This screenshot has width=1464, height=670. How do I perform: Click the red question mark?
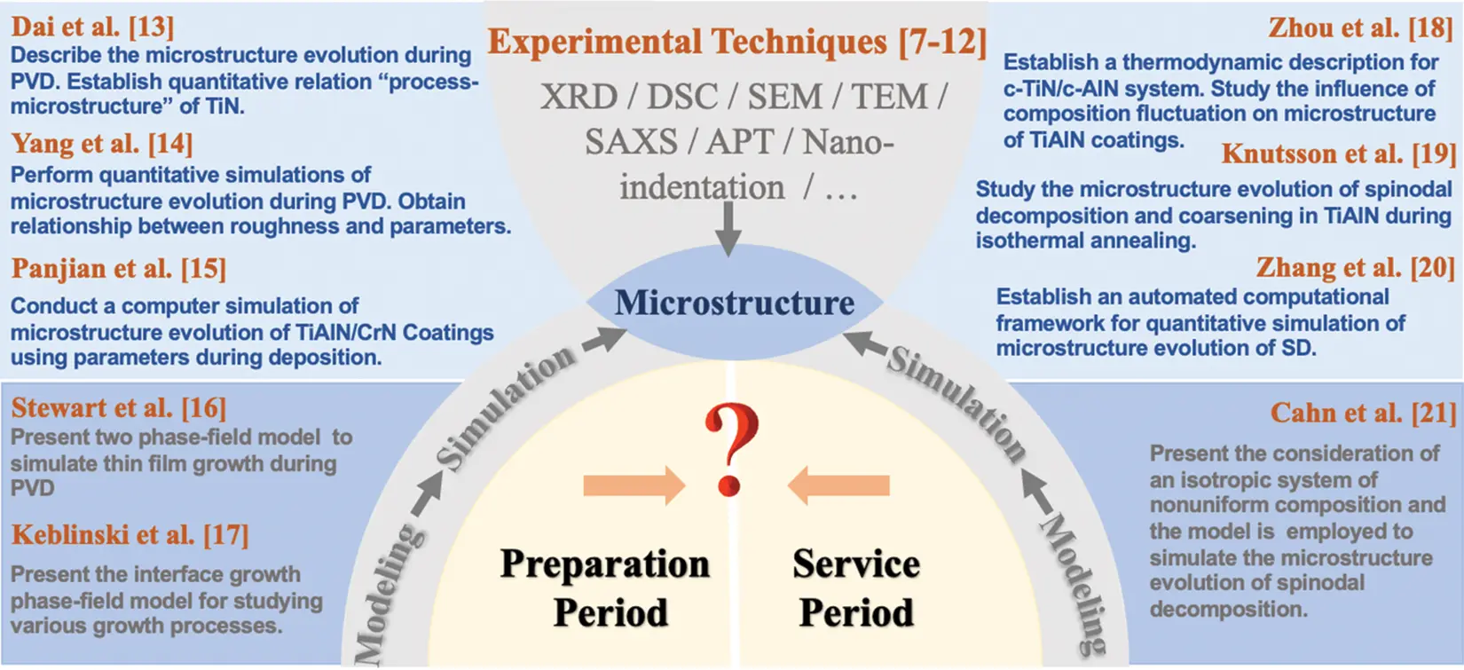coord(731,448)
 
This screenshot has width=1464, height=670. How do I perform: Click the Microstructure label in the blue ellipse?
coord(735,303)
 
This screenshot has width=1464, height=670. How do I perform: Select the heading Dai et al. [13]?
coord(92,27)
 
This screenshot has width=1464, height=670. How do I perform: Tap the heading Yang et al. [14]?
coord(102,143)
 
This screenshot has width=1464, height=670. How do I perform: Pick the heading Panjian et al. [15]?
coord(119,268)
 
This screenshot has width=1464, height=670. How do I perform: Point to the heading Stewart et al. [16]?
coord(119,407)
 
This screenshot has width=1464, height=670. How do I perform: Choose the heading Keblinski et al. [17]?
coord(130,534)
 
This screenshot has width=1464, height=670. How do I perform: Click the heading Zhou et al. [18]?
coord(1361,28)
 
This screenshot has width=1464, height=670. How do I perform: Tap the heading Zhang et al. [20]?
coord(1355,267)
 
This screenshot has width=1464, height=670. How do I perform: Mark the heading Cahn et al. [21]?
coord(1363,413)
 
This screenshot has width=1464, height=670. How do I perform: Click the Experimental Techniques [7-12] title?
coord(736,42)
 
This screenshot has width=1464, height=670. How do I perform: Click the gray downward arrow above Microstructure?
coord(728,228)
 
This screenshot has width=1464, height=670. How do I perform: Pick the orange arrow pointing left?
coord(838,485)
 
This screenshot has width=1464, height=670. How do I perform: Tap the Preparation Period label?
coord(606,587)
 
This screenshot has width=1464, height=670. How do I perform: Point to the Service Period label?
coord(856,587)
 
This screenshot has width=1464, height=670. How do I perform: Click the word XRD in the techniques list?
coord(579,96)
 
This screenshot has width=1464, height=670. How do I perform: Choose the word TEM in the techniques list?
coord(890,96)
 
